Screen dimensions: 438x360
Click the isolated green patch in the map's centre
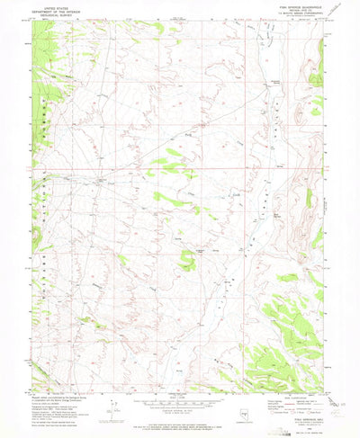coord(187,261)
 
